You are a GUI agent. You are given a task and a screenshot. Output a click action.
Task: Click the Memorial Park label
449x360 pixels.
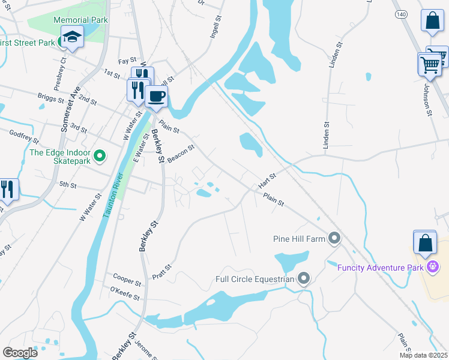tap(80, 20)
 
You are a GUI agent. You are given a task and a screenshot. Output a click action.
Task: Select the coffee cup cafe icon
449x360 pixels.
tap(156, 97)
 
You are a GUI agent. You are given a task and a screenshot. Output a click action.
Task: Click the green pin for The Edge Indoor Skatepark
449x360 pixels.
tap(101, 157)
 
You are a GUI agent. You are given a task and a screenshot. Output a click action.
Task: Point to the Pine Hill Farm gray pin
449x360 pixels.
tap(334, 239)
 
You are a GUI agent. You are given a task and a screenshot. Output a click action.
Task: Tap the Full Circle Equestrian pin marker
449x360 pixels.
tap(304, 278)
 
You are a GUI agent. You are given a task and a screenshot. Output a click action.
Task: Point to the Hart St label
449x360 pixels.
tap(267, 181)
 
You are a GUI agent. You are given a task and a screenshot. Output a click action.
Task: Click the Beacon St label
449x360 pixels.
tap(181, 154)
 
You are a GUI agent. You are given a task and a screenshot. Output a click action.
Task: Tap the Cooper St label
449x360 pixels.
tap(127, 278)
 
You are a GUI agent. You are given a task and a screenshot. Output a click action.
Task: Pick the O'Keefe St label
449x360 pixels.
tap(124, 294)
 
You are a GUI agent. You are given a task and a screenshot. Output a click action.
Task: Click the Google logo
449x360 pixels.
tap(20, 352)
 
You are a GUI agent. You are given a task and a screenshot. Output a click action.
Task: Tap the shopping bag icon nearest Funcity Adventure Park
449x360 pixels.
tap(425, 243)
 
